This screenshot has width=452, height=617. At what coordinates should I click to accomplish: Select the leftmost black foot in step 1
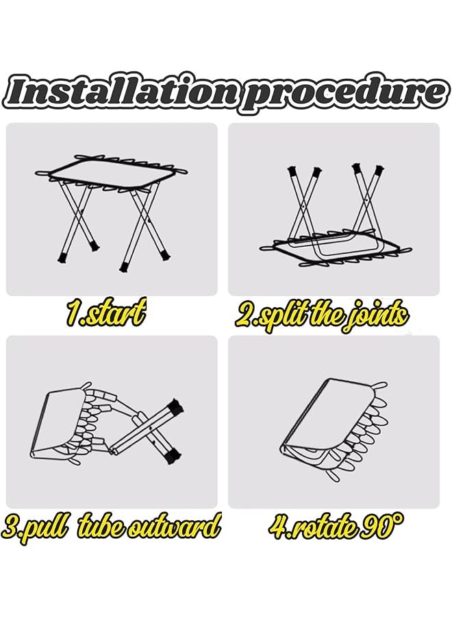click(x=60, y=258)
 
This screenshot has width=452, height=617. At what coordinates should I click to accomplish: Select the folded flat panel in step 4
click(x=322, y=418)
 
